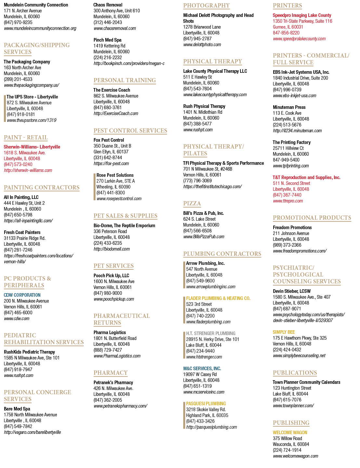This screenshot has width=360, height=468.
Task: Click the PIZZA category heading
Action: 192,203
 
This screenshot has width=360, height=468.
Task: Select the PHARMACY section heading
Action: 110,372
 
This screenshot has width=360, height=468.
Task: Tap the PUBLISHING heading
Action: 291,423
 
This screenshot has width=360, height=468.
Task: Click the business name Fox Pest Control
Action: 109,140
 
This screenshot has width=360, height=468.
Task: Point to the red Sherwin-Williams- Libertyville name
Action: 32,147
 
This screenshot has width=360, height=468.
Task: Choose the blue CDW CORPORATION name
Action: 22,295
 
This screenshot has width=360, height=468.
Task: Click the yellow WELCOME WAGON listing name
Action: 290,433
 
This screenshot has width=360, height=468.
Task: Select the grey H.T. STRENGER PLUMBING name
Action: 211,333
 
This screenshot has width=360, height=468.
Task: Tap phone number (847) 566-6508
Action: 197,231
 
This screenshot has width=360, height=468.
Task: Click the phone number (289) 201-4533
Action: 18,79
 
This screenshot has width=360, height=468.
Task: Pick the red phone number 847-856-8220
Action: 286,33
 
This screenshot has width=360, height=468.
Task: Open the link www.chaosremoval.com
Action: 115,28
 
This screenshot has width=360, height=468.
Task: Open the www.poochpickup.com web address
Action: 114,299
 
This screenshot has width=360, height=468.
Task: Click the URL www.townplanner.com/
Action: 293,406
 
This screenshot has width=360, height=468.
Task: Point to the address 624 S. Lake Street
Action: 199,219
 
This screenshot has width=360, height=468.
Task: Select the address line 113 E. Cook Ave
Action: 287,113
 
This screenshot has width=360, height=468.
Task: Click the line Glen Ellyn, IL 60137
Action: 111,152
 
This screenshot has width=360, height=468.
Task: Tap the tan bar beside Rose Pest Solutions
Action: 94,187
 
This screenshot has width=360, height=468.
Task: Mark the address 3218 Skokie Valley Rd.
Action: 206,409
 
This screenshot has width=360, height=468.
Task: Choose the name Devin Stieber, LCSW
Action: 291,291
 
